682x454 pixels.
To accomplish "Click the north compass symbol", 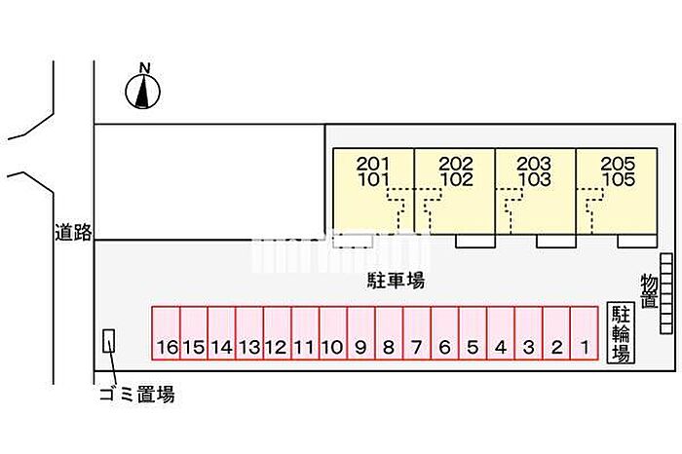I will click(x=144, y=93).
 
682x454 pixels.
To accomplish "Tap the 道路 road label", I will click(x=73, y=232).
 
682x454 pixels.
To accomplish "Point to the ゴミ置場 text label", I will click(x=137, y=395).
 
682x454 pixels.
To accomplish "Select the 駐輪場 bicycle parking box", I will click(x=620, y=332).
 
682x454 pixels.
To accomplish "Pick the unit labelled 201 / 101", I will click(x=374, y=191).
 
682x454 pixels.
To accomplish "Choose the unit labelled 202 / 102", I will click(x=455, y=191).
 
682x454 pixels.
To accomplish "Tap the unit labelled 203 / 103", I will click(x=535, y=191).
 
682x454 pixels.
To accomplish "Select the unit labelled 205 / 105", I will click(x=616, y=191).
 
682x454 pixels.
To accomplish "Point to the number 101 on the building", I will click(x=374, y=179).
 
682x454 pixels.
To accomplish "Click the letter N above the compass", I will click(x=144, y=67).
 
